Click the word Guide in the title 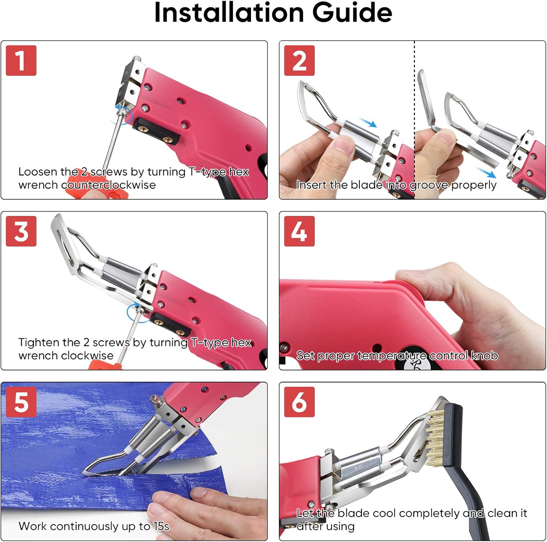click(352, 13)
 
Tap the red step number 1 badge click(21, 60)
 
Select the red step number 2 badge click(299, 60)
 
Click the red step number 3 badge click(21, 231)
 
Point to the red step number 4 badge click(299, 231)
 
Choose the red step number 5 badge click(21, 402)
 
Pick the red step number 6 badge click(299, 402)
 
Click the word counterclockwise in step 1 click(108, 185)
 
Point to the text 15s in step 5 click(161, 526)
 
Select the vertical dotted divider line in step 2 click(414, 109)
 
